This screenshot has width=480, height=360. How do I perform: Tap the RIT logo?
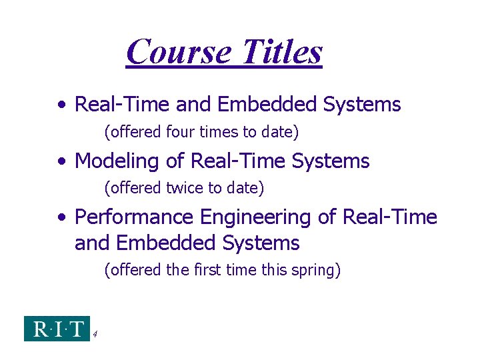coord(57,328)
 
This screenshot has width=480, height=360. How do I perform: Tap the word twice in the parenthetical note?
coord(185,189)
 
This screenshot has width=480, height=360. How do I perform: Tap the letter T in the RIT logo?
coord(76,328)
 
